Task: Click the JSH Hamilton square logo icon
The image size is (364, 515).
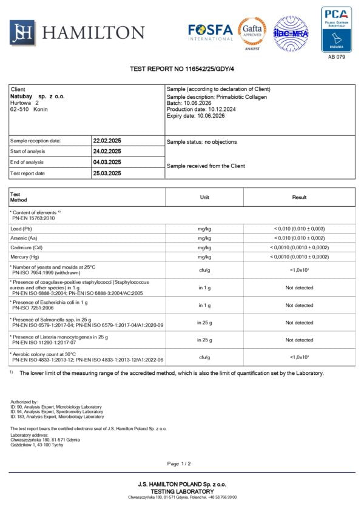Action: [22, 33]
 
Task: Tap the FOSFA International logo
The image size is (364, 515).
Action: [210, 32]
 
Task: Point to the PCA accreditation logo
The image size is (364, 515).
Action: [336, 29]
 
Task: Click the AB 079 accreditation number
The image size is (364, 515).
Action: [336, 56]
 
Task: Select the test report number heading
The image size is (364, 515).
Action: [181, 69]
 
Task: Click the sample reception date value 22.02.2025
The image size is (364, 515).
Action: [107, 141]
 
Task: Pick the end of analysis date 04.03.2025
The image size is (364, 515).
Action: [107, 162]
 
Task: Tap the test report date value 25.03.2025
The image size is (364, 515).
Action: [107, 173]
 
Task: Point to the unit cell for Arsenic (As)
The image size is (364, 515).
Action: [204, 238]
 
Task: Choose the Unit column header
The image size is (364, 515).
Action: [204, 197]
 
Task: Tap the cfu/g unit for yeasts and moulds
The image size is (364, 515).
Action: [204, 270]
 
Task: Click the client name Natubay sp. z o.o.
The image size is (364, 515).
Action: [38, 96]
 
